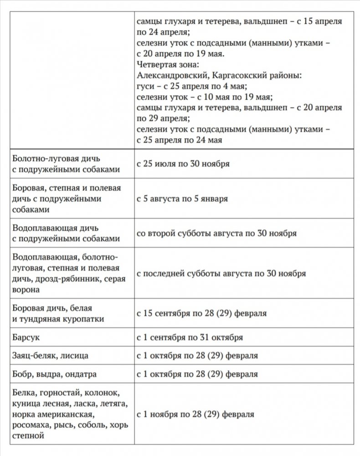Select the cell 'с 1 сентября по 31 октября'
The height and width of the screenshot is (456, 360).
(190, 338)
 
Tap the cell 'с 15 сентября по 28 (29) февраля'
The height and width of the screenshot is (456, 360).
(201, 314)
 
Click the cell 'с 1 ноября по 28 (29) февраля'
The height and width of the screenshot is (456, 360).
(195, 415)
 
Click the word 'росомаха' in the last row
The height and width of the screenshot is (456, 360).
(33, 425)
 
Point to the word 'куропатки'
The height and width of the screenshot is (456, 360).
(85, 319)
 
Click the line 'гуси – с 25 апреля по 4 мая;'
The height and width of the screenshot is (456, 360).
(193, 86)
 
